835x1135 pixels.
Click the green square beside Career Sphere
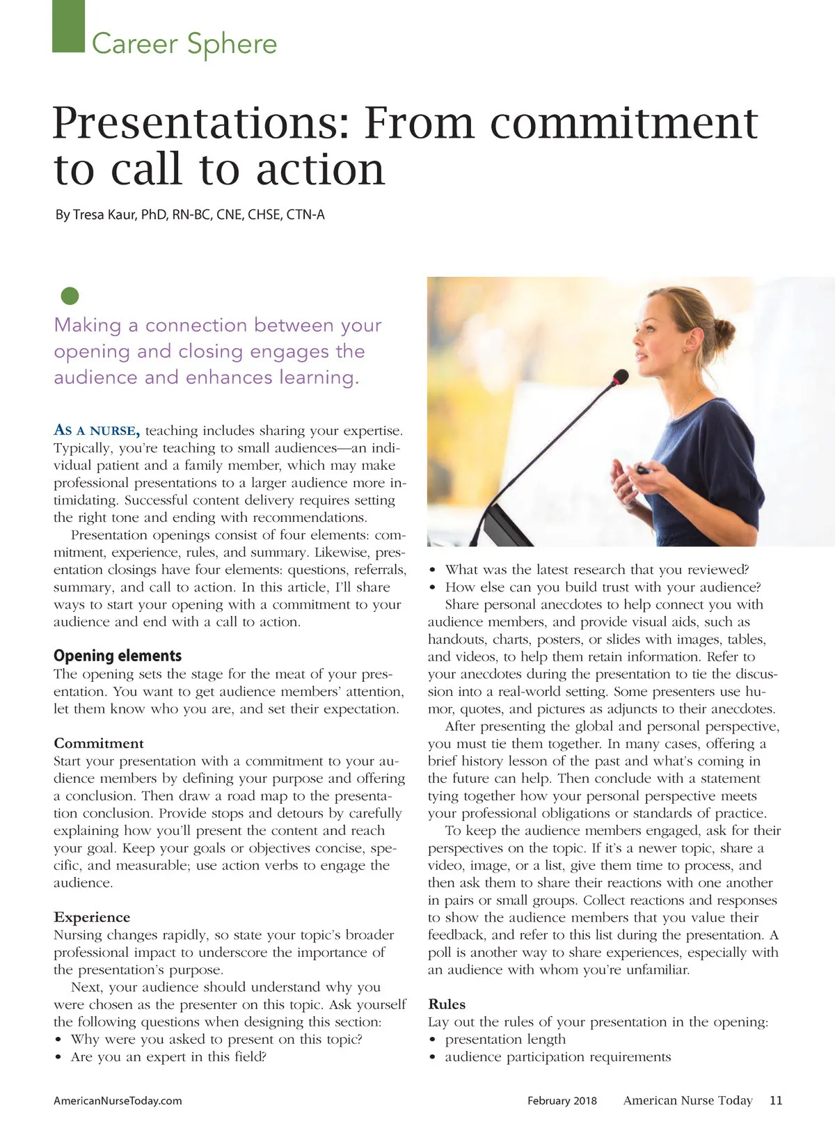[x=68, y=26]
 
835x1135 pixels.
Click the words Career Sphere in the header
[x=184, y=44]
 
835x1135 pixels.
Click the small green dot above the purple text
[x=70, y=296]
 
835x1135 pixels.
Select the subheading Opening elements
[x=118, y=656]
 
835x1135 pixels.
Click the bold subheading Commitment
[x=99, y=743]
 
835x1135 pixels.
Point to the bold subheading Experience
[x=92, y=917]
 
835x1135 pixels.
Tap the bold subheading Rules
[x=447, y=1004]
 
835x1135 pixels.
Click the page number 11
[x=776, y=1100]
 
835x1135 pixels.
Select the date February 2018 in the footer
[x=562, y=1101]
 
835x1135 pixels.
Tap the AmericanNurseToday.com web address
[x=118, y=1101]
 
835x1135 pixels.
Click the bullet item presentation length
[x=505, y=1039]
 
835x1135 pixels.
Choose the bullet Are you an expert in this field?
[x=169, y=1056]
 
